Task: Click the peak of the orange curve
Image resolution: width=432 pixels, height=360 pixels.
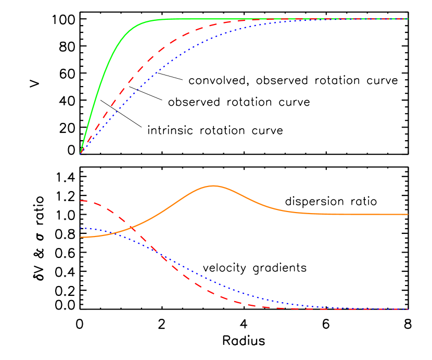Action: [x=213, y=185]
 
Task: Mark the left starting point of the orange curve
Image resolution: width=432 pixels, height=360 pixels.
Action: [x=80, y=237]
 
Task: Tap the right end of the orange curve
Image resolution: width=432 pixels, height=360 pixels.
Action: [x=408, y=214]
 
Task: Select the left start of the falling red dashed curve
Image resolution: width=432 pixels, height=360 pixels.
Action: [x=80, y=201]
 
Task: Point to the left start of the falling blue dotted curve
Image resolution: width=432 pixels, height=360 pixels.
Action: [x=80, y=228]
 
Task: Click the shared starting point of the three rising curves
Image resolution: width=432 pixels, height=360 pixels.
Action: [x=80, y=154]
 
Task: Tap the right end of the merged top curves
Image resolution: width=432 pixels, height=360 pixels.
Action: [x=408, y=19]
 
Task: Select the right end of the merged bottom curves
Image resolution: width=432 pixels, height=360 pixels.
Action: [x=408, y=309]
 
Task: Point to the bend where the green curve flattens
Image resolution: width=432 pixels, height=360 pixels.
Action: [x=151, y=21]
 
